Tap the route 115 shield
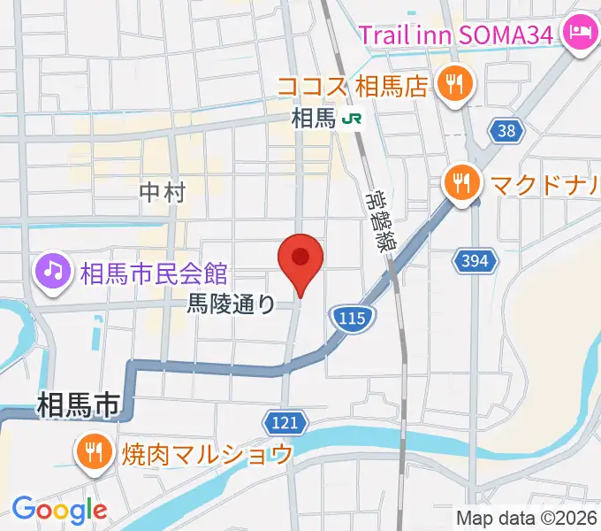pyautogui.click(x=351, y=317)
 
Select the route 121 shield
pyautogui.click(x=284, y=422)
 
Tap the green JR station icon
pyautogui.click(x=353, y=118)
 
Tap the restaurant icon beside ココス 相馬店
pyautogui.click(x=456, y=85)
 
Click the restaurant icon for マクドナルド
pyautogui.click(x=460, y=184)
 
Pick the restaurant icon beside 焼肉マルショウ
pyautogui.click(x=93, y=453)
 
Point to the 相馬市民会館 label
pyautogui.click(x=154, y=271)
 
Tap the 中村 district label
pyautogui.click(x=163, y=191)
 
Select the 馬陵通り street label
pyautogui.click(x=232, y=304)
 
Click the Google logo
pyautogui.click(x=59, y=509)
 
